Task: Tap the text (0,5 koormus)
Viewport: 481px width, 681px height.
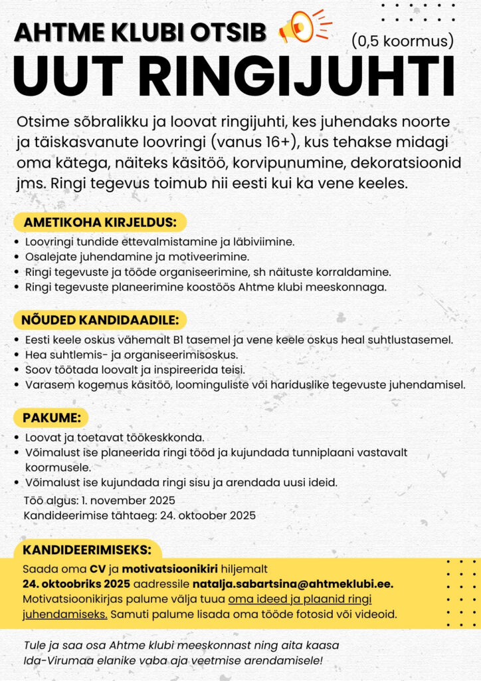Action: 403,41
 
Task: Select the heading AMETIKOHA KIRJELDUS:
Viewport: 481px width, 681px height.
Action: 100,222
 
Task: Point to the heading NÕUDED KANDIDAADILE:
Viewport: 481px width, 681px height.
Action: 100,320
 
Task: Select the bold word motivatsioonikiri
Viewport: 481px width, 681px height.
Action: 170,569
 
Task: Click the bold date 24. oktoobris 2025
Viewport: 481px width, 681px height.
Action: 76,584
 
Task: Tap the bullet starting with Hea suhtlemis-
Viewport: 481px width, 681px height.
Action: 131,355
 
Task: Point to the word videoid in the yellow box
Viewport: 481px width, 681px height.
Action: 376,614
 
